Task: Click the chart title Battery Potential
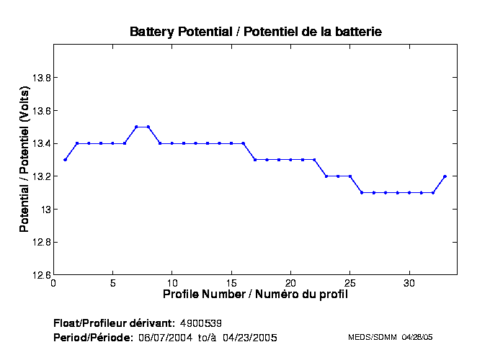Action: (x=255, y=32)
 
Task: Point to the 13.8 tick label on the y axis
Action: (x=37, y=78)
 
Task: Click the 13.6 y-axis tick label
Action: (x=37, y=111)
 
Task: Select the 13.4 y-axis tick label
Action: (x=37, y=143)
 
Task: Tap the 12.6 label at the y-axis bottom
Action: (x=37, y=275)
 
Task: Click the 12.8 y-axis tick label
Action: (x=37, y=242)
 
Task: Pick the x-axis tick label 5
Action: (x=112, y=283)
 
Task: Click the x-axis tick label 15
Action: (x=231, y=283)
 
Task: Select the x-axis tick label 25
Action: (x=349, y=283)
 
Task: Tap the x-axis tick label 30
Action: (x=409, y=283)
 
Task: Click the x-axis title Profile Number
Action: (x=255, y=294)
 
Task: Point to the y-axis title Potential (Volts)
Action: (x=24, y=160)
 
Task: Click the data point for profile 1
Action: (x=65, y=160)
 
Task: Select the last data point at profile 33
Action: (x=445, y=176)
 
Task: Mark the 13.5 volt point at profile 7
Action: (x=136, y=127)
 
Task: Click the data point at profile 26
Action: (x=362, y=192)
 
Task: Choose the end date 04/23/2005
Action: (x=249, y=337)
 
